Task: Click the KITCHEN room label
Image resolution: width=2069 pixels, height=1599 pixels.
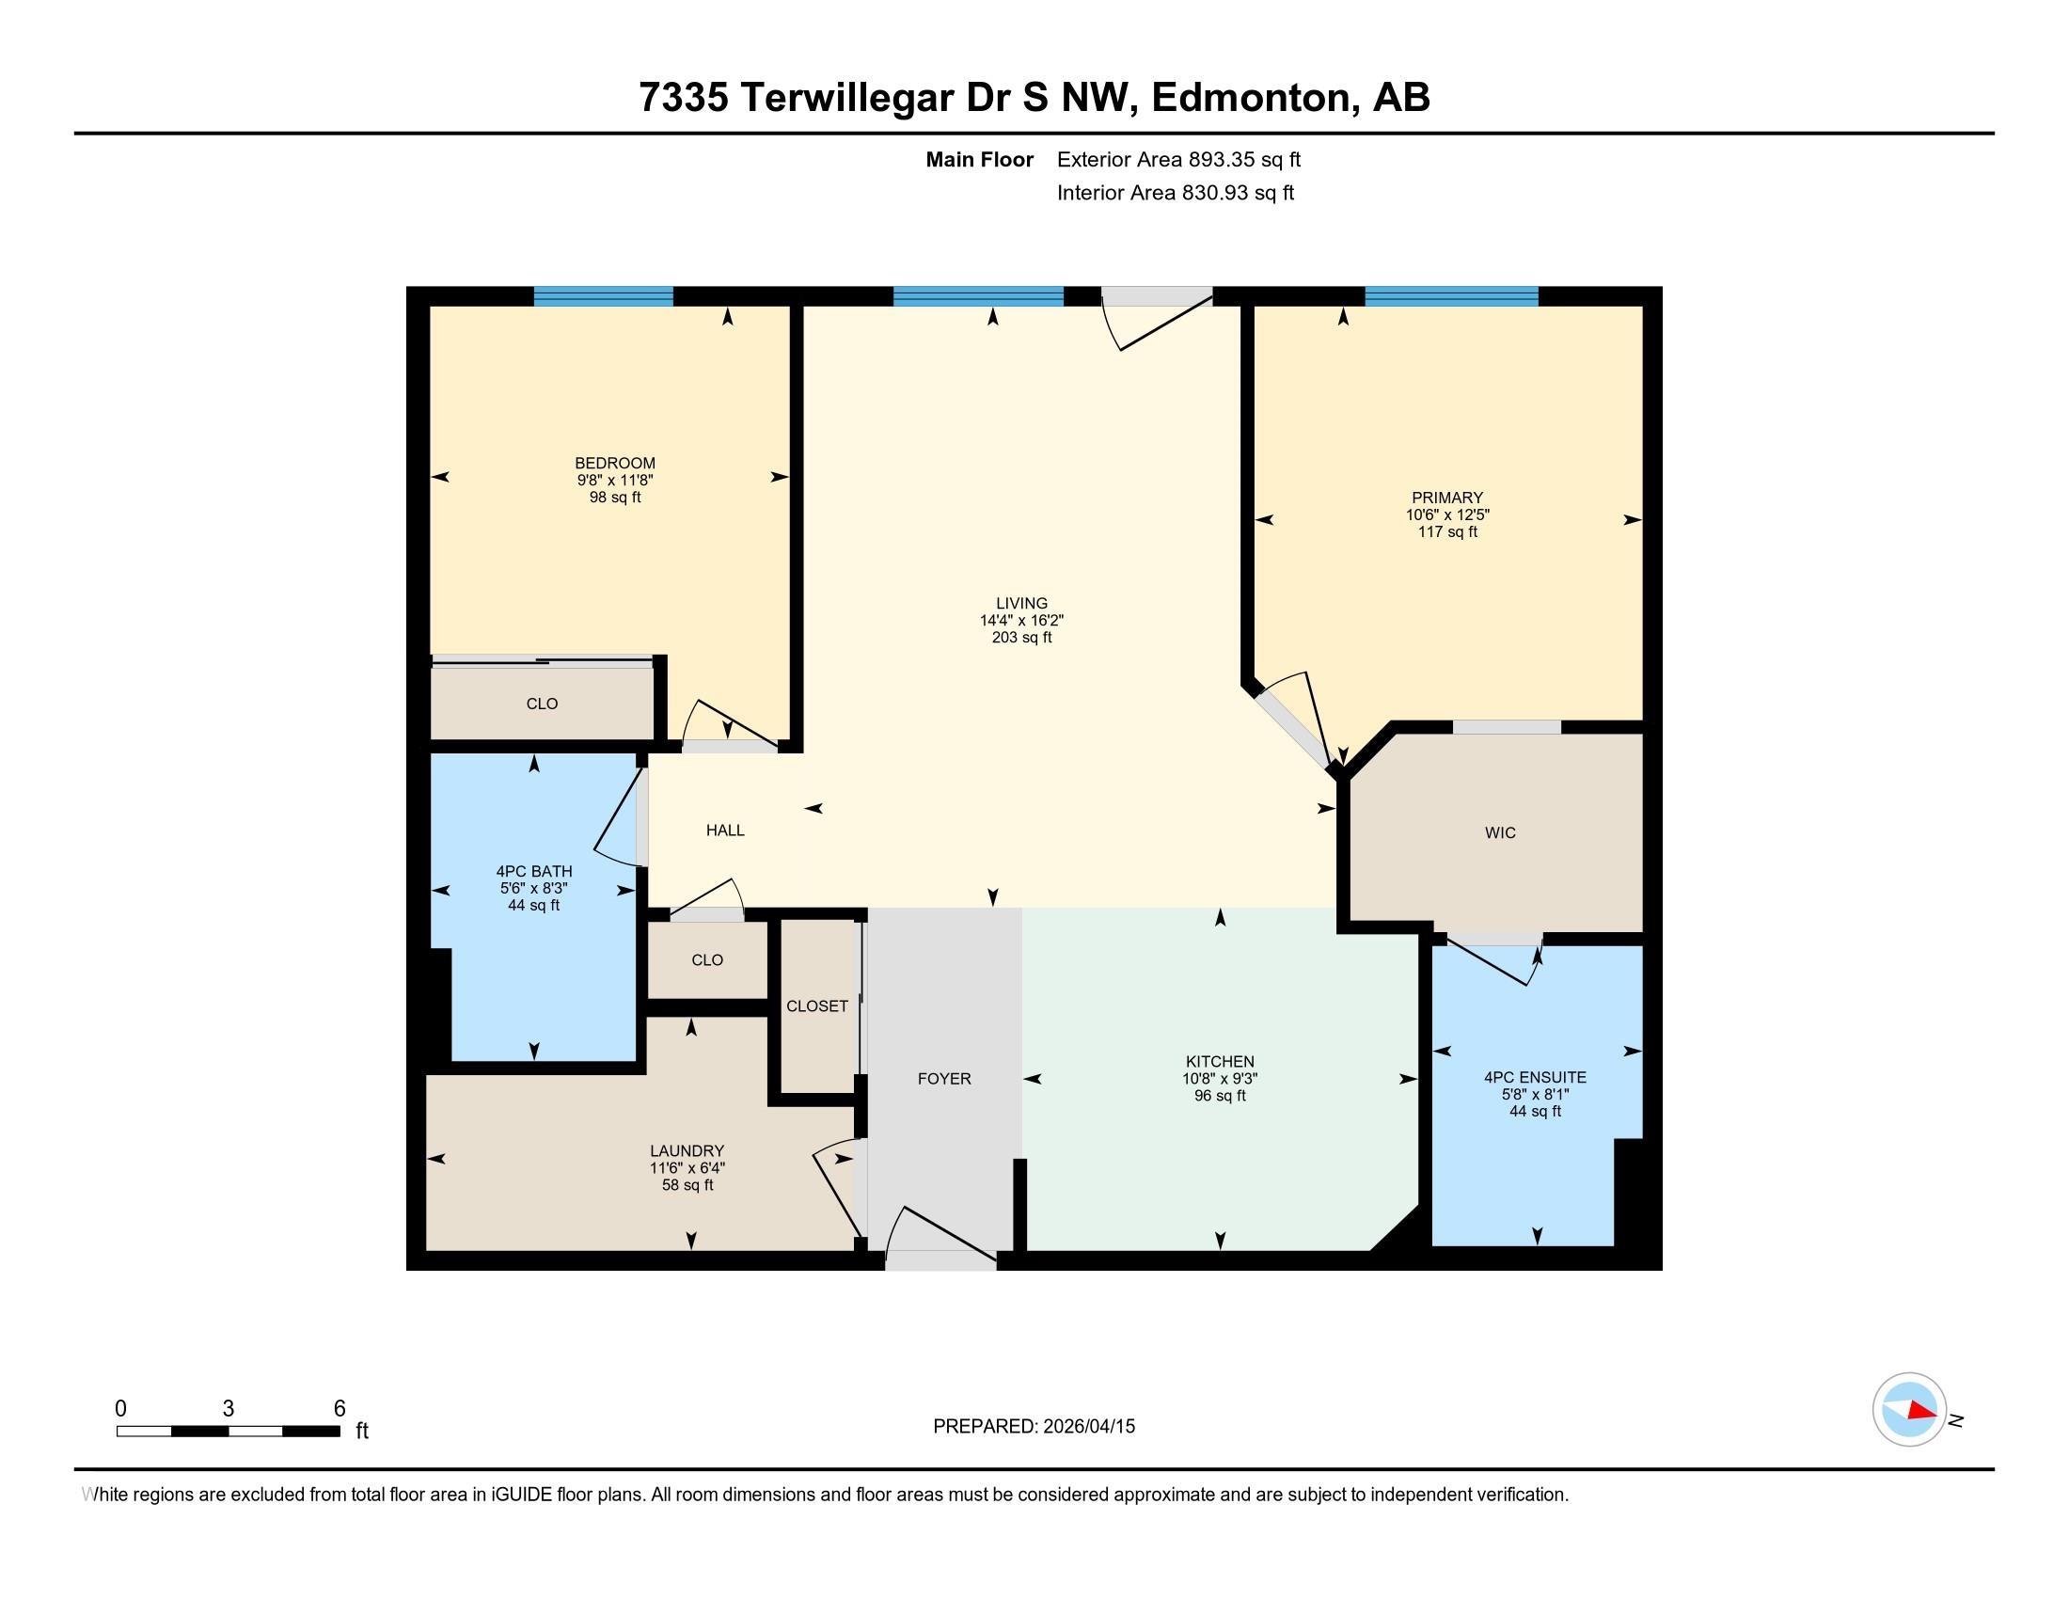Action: pyautogui.click(x=1219, y=1062)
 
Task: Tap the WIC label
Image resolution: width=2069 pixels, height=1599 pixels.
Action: pyautogui.click(x=1500, y=832)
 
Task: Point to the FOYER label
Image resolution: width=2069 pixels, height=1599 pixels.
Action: pyautogui.click(x=943, y=1079)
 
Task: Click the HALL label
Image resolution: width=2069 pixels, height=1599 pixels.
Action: pyautogui.click(x=725, y=830)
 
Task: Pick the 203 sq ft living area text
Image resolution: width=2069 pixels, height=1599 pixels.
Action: pyautogui.click(x=1021, y=638)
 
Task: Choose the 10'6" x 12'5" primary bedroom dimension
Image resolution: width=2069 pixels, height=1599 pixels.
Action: pyautogui.click(x=1446, y=515)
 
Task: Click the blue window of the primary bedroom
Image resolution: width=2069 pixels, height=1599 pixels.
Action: pyautogui.click(x=1451, y=296)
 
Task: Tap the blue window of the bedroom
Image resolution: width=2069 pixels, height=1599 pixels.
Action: pyautogui.click(x=604, y=296)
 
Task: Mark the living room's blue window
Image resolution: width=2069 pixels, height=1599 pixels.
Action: pyautogui.click(x=978, y=296)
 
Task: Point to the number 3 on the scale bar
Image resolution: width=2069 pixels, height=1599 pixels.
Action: pyautogui.click(x=229, y=1409)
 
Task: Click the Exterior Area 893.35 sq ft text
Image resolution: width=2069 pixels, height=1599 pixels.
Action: pyautogui.click(x=1178, y=159)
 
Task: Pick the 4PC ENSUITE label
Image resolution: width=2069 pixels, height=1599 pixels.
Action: pyautogui.click(x=1535, y=1077)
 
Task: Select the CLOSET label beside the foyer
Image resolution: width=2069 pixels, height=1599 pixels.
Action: pyautogui.click(x=816, y=1006)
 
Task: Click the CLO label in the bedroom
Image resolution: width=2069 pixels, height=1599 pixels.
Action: pyautogui.click(x=542, y=704)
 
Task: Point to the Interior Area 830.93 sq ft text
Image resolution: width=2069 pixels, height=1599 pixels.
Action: pyautogui.click(x=1175, y=193)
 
